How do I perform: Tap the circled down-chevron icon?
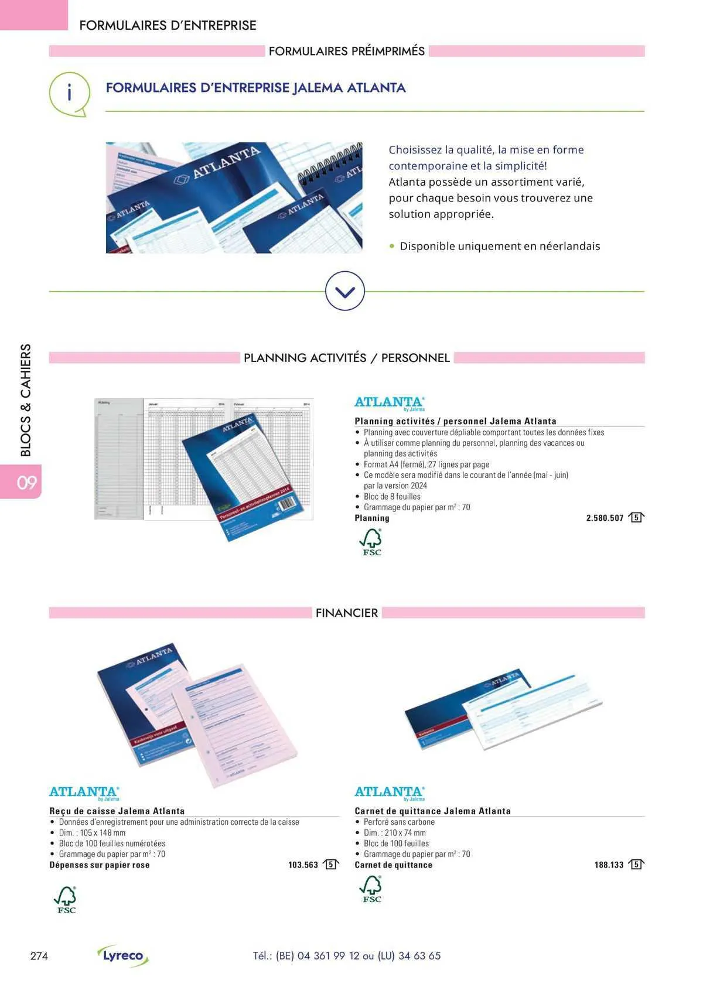tap(344, 291)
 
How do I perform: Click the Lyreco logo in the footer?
tap(123, 955)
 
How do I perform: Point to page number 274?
tap(39, 956)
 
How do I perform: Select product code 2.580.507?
tap(605, 518)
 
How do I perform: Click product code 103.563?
tap(303, 865)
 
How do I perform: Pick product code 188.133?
tap(609, 865)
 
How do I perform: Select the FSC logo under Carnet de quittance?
tap(371, 889)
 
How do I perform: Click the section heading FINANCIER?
tap(347, 613)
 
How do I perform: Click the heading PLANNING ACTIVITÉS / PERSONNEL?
tap(347, 358)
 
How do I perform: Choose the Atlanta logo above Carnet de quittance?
tap(390, 793)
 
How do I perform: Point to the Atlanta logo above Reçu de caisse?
tap(84, 793)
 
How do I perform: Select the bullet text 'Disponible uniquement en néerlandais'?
tap(500, 246)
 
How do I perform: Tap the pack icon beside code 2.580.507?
tap(636, 517)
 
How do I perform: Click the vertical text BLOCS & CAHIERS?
tap(26, 400)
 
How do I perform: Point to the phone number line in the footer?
tap(347, 955)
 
